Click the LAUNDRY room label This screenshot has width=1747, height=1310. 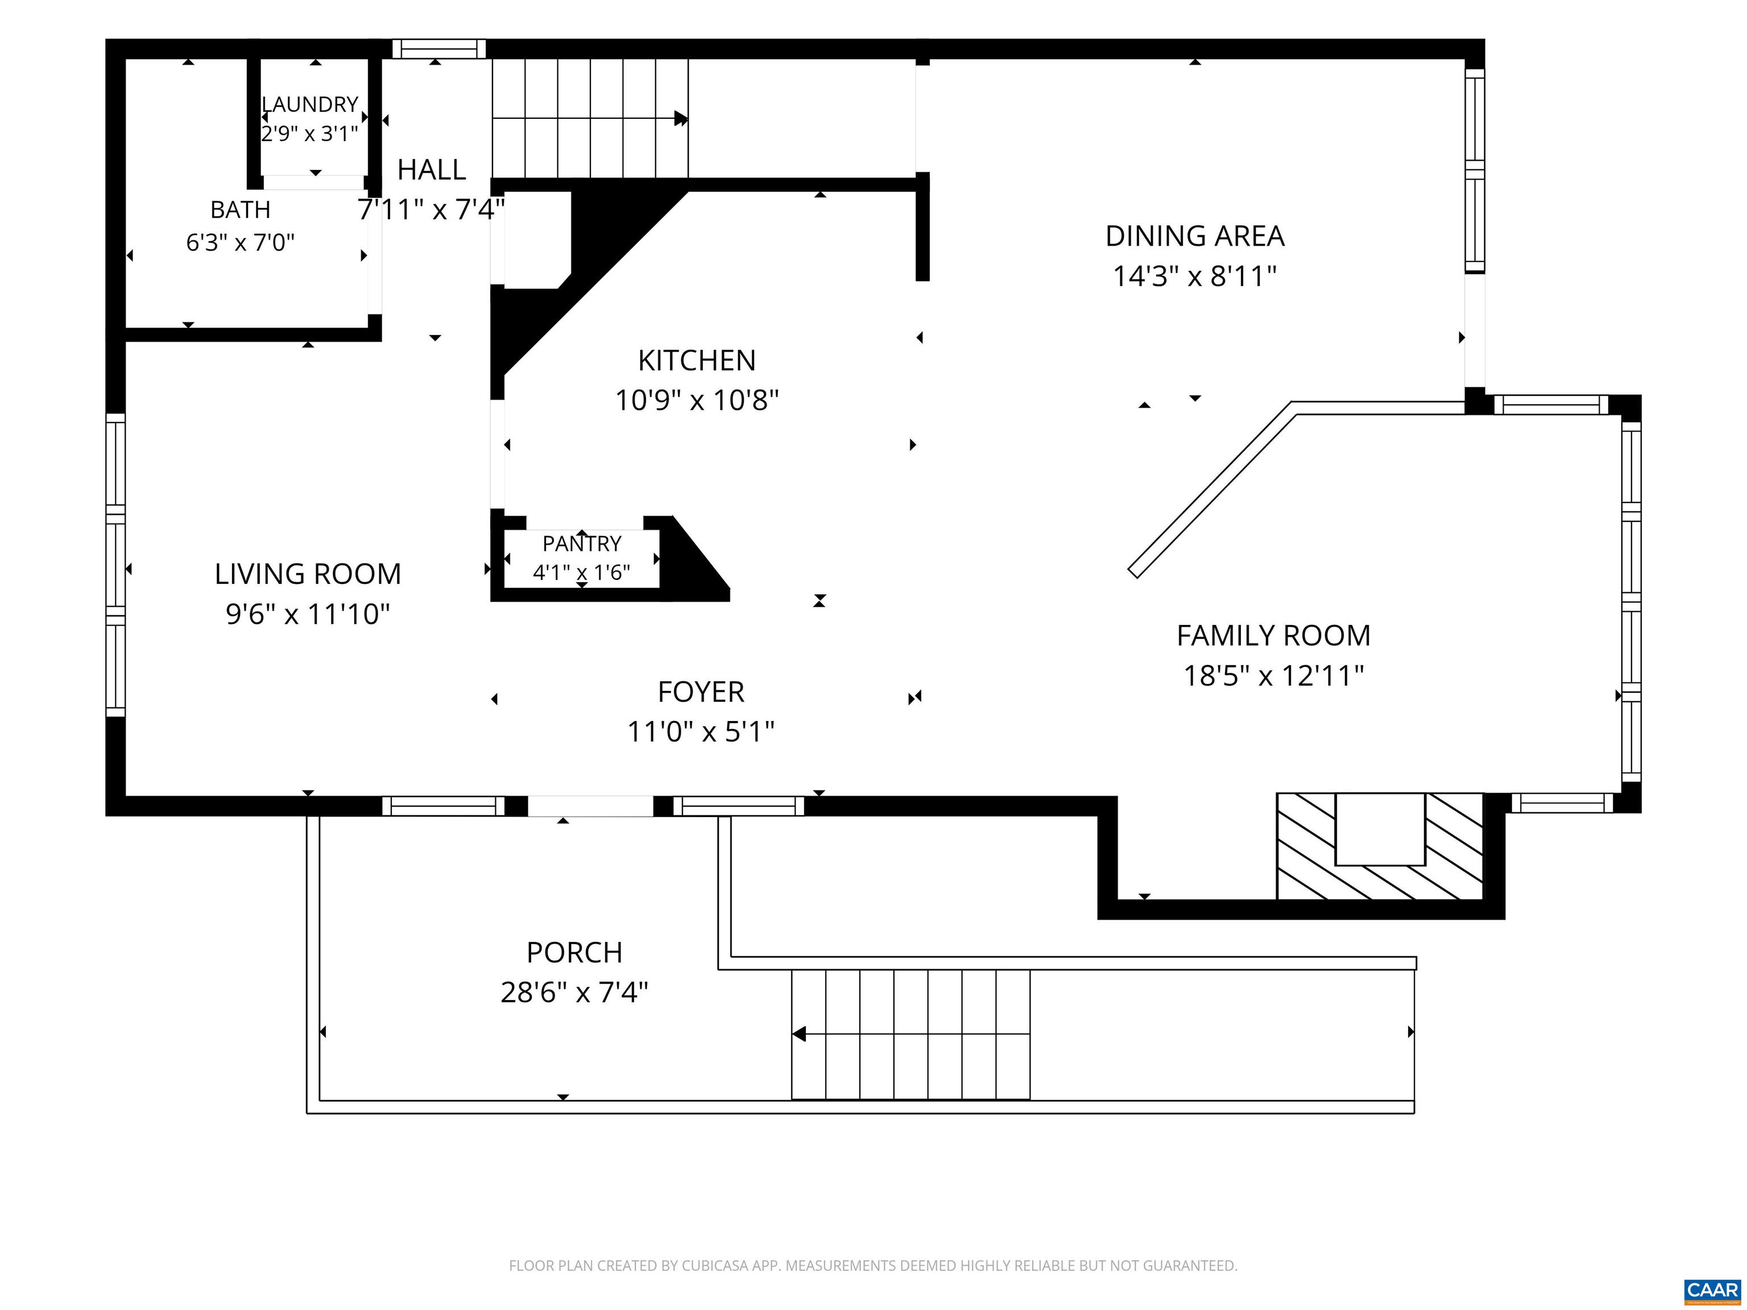click(309, 104)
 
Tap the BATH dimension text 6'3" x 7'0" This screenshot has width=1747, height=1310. click(240, 242)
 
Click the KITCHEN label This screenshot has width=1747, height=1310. click(697, 361)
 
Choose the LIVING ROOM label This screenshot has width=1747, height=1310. click(308, 574)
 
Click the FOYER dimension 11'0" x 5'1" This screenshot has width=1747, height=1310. click(701, 732)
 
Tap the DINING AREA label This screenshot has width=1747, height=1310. click(1195, 236)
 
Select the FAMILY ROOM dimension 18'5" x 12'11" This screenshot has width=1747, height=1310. click(1274, 676)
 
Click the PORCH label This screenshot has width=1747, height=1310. click(574, 952)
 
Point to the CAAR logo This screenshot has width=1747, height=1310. click(1712, 1290)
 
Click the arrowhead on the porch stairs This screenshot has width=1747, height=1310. click(798, 1034)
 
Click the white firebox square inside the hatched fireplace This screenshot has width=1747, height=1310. click(1380, 829)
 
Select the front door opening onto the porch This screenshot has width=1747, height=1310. click(590, 806)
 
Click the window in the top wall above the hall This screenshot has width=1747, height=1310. click(439, 49)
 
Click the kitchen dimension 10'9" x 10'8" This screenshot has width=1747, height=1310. click(697, 401)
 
